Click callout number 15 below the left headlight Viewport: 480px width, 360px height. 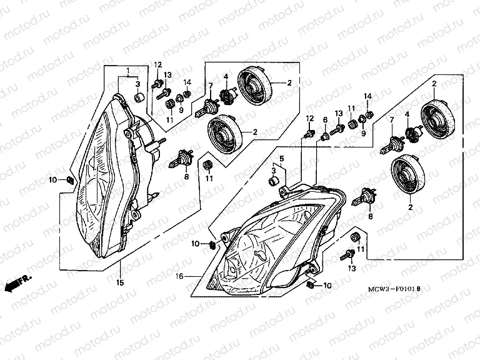point(120,282)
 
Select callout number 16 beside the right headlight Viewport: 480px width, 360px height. point(179,276)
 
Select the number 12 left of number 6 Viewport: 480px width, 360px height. point(309,118)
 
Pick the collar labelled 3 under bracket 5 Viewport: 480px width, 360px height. point(274,181)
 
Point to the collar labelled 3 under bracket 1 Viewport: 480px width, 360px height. point(139,97)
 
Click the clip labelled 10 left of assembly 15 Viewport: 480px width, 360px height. point(70,180)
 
